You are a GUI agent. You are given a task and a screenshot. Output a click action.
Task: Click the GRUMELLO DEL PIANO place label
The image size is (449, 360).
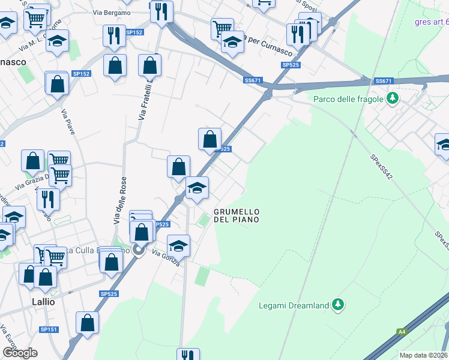tap(237, 216)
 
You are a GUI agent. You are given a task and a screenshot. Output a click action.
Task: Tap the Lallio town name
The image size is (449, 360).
tap(43, 302)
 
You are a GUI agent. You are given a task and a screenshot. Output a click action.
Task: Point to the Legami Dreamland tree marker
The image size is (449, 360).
tap(339, 305)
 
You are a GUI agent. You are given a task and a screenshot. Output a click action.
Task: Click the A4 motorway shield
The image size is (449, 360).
tap(401, 331)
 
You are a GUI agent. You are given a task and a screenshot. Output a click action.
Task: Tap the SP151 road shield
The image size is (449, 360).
tap(48, 329)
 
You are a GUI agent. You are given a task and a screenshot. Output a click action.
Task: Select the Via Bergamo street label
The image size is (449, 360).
tap(112, 13)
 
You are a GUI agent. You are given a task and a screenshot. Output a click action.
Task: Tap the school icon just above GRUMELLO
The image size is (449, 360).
tap(197, 188)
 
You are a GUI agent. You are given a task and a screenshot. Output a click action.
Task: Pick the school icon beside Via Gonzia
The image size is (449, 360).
tap(178, 246)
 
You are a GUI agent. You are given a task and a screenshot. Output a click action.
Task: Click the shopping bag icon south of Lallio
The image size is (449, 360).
tap(88, 323)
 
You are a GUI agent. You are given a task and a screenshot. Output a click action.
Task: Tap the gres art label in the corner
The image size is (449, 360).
tap(431, 23)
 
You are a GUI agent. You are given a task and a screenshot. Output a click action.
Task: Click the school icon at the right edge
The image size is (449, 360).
tap(443, 145)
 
